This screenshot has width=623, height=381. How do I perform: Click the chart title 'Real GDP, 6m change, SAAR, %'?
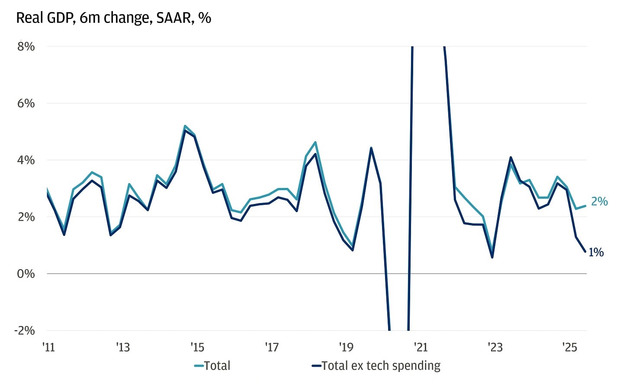tap(113, 18)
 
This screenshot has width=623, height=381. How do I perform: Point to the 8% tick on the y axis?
tap(26, 46)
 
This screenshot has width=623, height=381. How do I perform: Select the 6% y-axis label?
tap(26, 103)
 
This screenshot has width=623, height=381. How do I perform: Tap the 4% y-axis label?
tap(26, 160)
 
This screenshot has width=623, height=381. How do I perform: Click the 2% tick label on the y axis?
tap(26, 217)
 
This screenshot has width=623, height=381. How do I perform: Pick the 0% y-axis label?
tap(26, 274)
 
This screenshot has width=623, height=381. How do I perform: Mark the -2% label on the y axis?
tap(24, 330)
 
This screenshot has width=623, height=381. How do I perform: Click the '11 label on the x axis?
tap(49, 347)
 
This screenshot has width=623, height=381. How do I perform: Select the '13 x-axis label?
tap(123, 347)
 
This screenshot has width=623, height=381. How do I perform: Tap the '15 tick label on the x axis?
tap(197, 347)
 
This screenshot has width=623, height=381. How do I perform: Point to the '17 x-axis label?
tap(272, 347)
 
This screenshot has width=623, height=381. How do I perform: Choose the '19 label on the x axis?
tap(346, 347)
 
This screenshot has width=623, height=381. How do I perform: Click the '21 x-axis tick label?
tap(421, 347)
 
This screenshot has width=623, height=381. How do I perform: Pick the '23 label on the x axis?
tap(495, 347)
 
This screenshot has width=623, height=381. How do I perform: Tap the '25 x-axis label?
tap(569, 347)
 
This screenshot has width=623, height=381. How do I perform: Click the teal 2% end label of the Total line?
tap(599, 201)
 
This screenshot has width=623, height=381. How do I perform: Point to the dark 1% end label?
tap(596, 252)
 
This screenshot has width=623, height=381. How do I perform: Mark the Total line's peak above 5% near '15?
tap(185, 126)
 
